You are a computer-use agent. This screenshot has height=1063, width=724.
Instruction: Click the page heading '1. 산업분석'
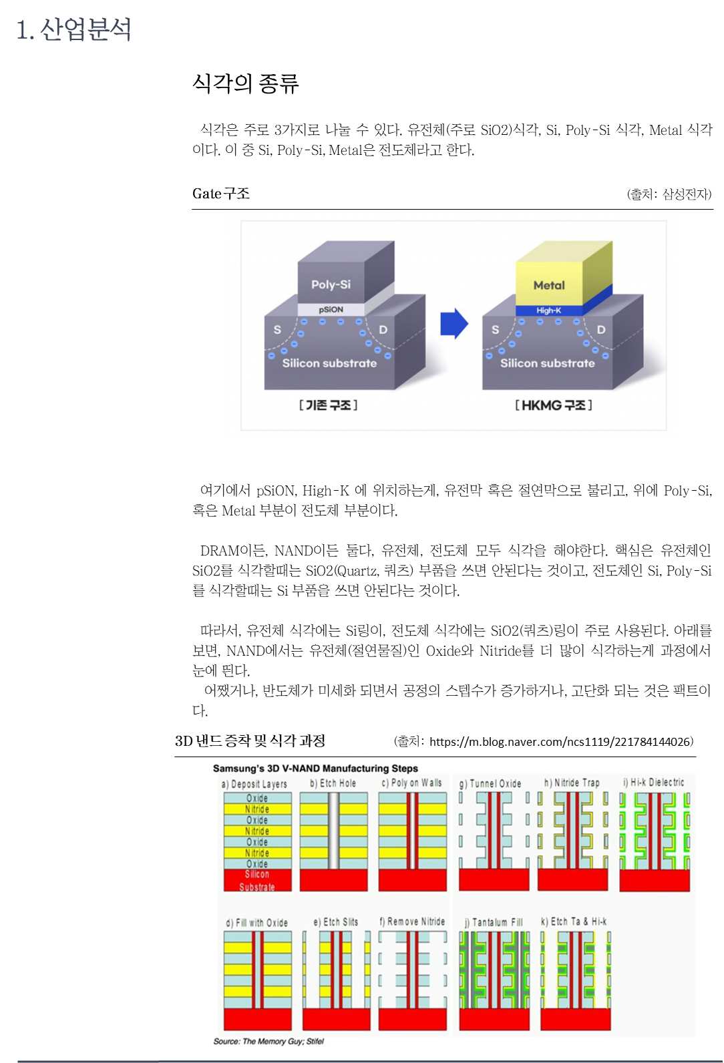[x=73, y=29]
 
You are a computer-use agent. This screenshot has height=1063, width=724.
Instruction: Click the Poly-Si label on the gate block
[x=331, y=284]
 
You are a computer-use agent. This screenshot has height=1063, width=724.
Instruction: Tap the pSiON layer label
[x=331, y=310]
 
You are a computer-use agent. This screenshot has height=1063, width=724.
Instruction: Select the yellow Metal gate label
[x=549, y=285]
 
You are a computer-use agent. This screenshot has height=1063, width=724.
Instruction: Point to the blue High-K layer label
[x=548, y=310]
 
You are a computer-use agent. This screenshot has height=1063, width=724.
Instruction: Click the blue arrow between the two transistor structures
[x=454, y=324]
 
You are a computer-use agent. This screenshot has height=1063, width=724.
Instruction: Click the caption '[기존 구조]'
[x=328, y=405]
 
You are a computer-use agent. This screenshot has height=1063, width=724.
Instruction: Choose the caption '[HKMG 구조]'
[x=554, y=405]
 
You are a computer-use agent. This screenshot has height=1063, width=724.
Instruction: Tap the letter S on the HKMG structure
[x=495, y=329]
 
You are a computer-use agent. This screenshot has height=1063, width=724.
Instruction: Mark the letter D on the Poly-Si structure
[x=383, y=329]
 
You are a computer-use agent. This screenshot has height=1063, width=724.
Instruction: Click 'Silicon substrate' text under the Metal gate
[x=547, y=363]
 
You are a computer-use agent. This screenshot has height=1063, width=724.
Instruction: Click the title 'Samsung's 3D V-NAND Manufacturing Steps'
[x=315, y=769]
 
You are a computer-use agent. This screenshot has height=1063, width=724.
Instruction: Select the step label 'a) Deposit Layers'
[x=254, y=784]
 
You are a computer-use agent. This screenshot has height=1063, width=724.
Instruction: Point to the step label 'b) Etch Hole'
[x=333, y=783]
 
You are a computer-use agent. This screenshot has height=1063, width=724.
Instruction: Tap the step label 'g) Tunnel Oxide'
[x=490, y=783]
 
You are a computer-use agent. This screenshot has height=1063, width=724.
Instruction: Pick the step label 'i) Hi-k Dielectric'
[x=653, y=783]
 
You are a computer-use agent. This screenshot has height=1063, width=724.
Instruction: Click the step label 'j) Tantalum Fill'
[x=494, y=922]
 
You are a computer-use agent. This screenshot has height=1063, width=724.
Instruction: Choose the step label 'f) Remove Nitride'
[x=412, y=921]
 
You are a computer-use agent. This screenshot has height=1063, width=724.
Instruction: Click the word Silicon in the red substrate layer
[x=257, y=874]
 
